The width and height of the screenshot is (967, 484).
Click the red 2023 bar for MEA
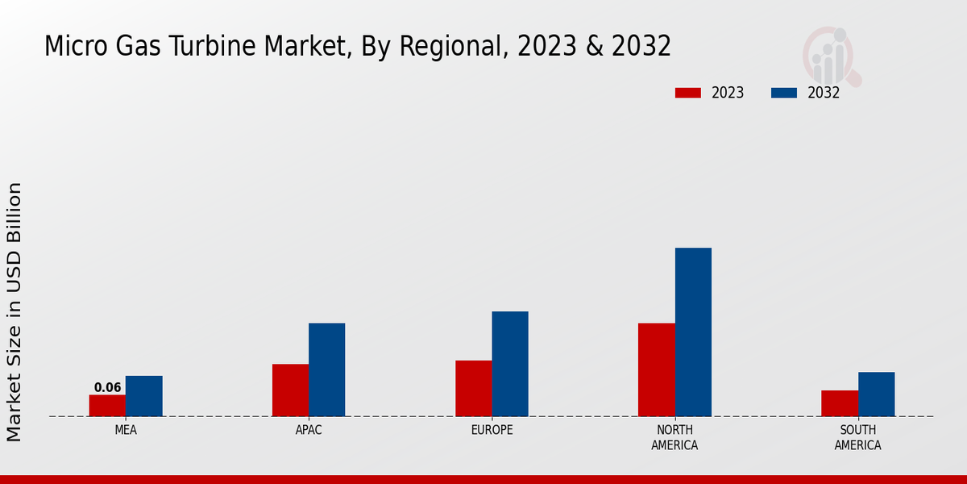click(107, 405)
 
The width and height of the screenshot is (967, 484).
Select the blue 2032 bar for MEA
click(143, 396)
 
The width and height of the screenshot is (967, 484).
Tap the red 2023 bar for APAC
click(290, 390)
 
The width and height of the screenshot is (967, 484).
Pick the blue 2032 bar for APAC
click(326, 369)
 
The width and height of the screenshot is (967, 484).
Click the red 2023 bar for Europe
click(474, 388)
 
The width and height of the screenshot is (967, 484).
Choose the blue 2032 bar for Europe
click(510, 364)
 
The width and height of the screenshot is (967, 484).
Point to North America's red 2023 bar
click(657, 369)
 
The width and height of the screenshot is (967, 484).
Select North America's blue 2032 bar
click(693, 332)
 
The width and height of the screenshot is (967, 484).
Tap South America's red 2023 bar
click(840, 403)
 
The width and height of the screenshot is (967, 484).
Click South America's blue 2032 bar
click(876, 394)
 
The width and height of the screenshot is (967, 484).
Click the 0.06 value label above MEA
click(107, 387)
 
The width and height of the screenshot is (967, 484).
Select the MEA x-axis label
click(126, 430)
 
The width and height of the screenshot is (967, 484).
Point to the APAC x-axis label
click(309, 430)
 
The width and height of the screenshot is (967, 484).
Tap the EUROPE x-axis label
click(492, 430)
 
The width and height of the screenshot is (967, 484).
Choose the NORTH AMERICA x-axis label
click(675, 437)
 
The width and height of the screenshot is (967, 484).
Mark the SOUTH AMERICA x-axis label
click(857, 437)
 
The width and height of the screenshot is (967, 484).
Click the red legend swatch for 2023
click(688, 93)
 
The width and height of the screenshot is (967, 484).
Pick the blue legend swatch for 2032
click(784, 93)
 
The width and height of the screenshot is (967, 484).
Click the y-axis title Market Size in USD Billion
click(15, 311)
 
